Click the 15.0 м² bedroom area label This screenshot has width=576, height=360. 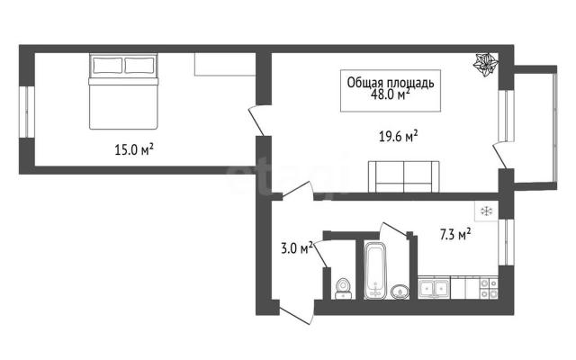[134, 149]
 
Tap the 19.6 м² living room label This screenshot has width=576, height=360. [398, 136]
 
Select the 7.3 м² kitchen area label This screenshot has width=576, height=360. [455, 234]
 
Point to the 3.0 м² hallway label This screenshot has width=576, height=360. [297, 248]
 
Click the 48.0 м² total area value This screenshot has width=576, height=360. [390, 94]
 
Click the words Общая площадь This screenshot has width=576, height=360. [391, 83]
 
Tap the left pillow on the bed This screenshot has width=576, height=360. [108, 66]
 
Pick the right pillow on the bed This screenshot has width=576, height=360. [139, 66]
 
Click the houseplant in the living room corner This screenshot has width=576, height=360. [485, 65]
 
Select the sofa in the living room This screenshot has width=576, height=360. [404, 176]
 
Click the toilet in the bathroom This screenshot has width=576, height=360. [344, 289]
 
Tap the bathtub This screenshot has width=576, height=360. [375, 270]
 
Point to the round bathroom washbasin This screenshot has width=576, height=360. [400, 292]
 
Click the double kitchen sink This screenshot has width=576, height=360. [434, 288]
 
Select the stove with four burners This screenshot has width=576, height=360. [489, 288]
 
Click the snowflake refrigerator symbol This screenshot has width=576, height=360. [487, 211]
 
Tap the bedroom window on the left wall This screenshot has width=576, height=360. [27, 112]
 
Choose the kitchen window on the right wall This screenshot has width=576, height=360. [506, 242]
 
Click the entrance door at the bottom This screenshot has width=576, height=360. [296, 312]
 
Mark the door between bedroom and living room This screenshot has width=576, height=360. [256, 121]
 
